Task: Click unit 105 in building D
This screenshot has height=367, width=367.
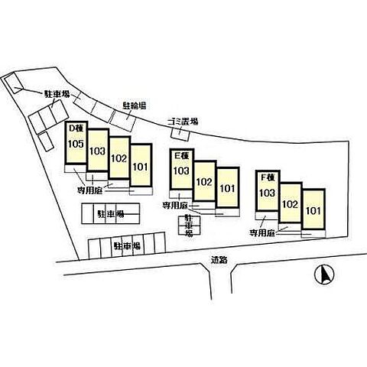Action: tap(76, 143)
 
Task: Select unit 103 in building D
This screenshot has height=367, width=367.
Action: tap(98, 150)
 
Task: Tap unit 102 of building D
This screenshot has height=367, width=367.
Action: tap(119, 158)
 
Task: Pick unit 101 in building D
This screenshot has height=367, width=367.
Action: tap(141, 165)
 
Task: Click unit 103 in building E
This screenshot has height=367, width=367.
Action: tap(182, 170)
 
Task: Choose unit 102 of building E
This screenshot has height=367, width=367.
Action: tap(204, 181)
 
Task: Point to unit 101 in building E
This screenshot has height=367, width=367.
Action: tap(228, 188)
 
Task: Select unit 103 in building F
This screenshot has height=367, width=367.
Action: tap(268, 191)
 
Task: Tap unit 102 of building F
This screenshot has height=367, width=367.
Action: tap(291, 203)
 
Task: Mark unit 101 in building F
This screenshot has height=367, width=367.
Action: tap(313, 209)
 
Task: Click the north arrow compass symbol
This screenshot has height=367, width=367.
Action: tap(324, 275)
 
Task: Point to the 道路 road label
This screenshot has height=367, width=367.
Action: tap(219, 260)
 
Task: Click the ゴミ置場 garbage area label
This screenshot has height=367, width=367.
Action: tap(183, 122)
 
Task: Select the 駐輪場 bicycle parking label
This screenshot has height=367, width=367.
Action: tap(135, 106)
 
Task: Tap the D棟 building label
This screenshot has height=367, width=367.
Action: tap(76, 128)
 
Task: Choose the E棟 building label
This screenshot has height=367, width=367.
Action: tap(182, 156)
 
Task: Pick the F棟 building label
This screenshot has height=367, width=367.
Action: tap(268, 178)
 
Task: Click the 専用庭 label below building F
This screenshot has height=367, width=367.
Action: tap(262, 233)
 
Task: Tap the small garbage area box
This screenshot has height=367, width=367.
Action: tap(180, 134)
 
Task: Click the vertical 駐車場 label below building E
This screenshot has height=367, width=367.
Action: tap(189, 226)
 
